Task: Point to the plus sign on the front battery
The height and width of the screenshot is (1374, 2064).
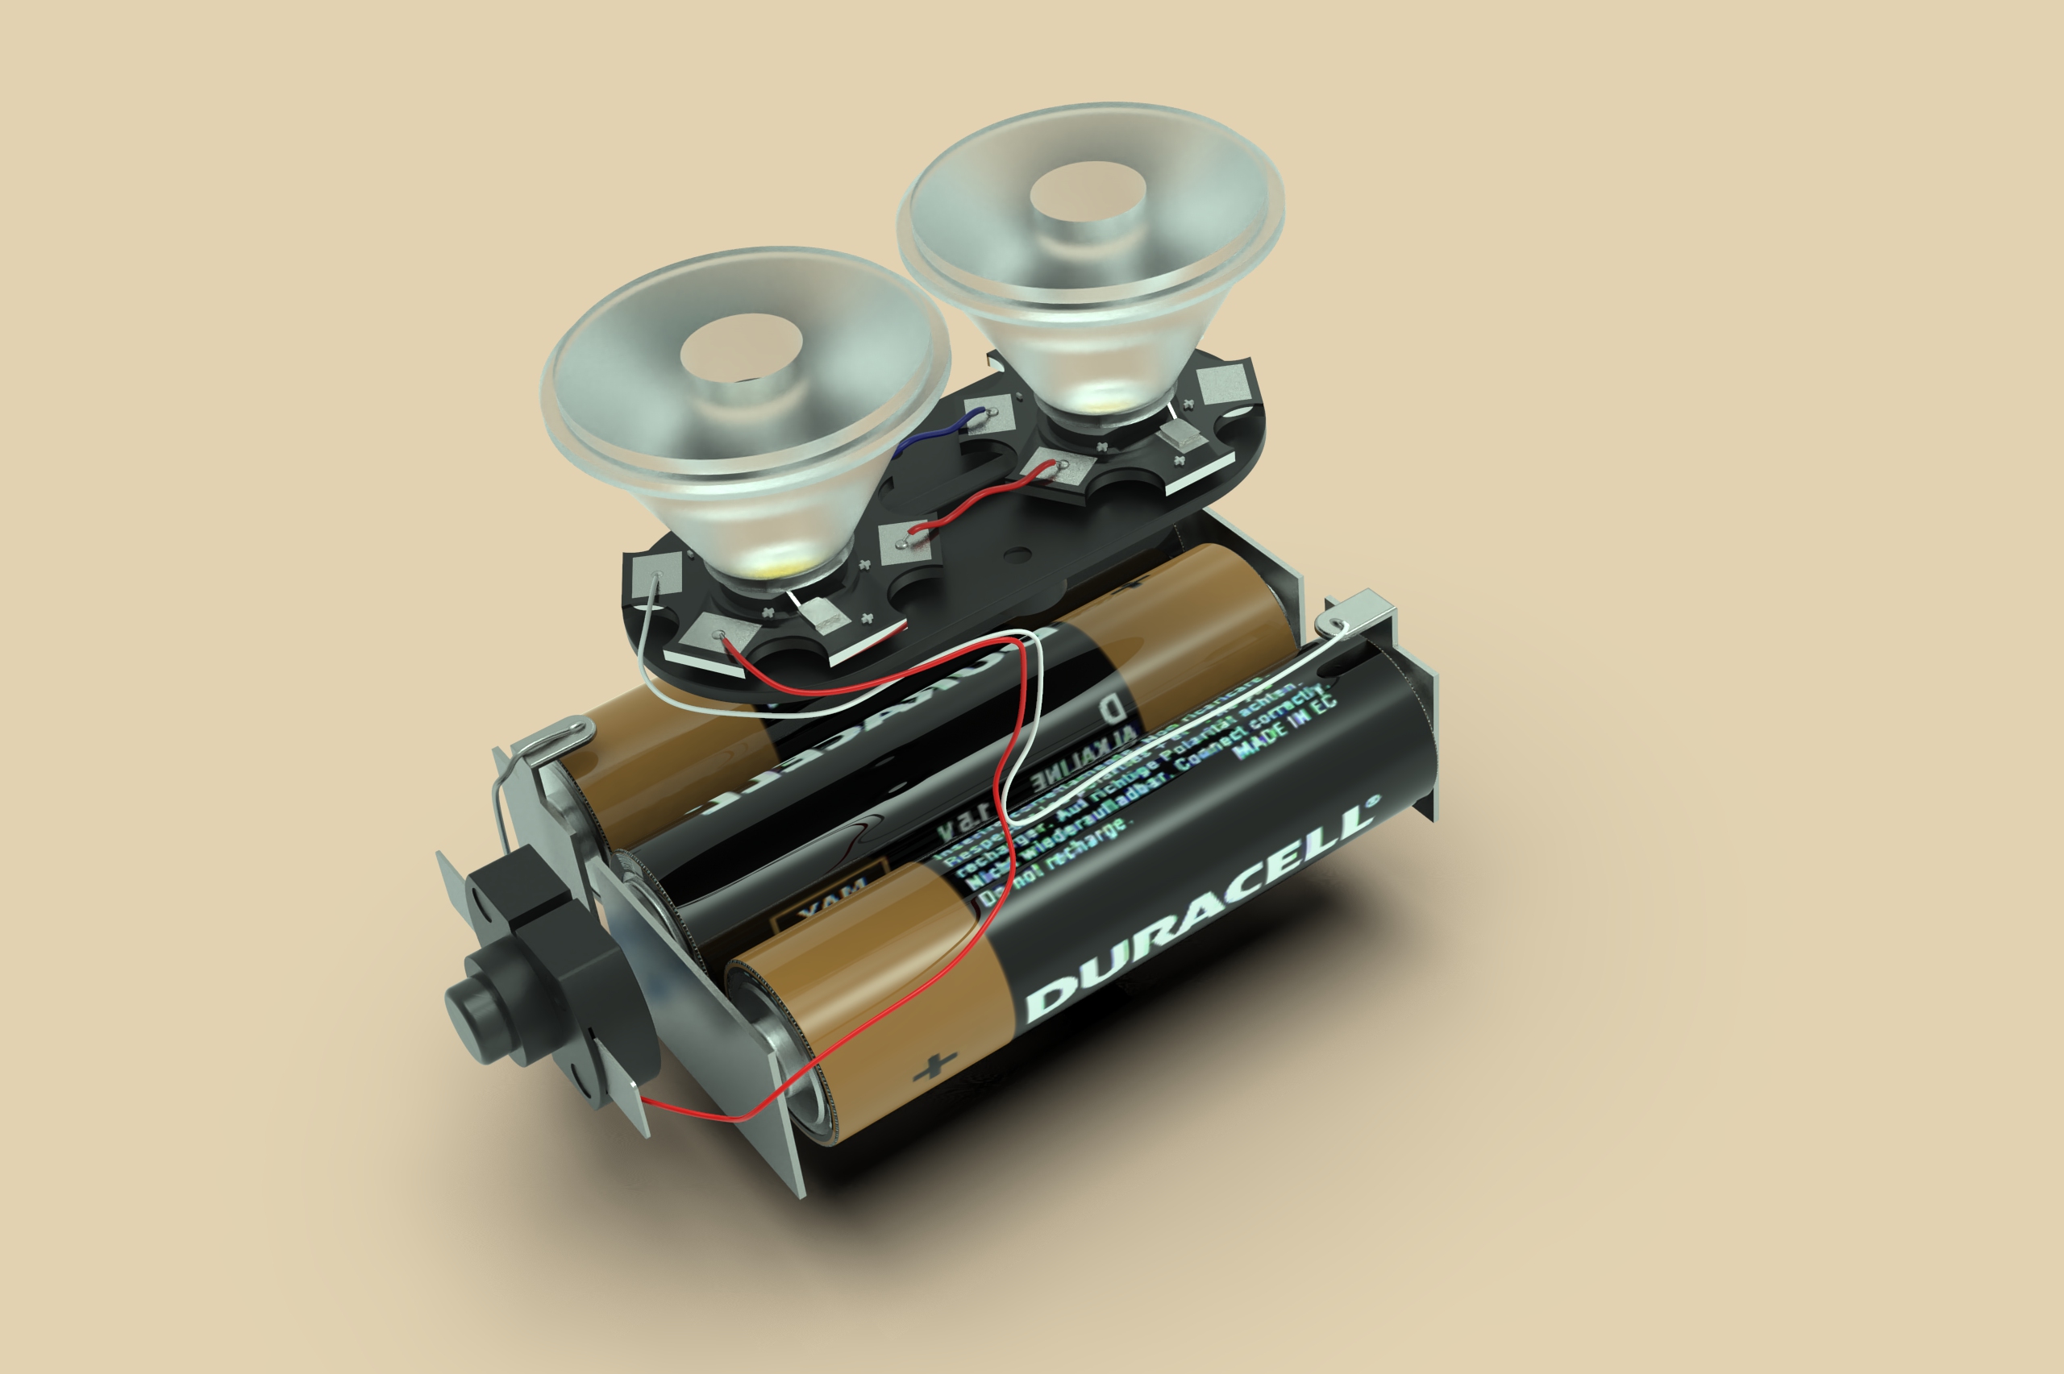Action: point(935,1067)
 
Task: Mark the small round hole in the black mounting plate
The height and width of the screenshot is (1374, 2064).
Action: point(1017,554)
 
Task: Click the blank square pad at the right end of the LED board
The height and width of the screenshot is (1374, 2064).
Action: point(1225,383)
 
